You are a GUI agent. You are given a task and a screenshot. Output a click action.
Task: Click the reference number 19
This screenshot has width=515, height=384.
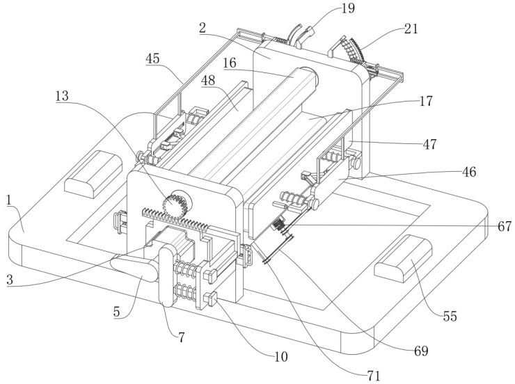348,8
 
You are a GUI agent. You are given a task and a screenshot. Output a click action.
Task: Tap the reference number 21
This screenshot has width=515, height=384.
411,29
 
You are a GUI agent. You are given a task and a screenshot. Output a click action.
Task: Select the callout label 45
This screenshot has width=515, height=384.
152,58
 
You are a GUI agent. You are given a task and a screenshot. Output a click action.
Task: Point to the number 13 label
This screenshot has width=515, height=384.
62,96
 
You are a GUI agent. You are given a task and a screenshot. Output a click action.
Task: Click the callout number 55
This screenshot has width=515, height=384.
450,316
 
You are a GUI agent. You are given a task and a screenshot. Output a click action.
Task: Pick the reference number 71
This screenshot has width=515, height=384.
374,376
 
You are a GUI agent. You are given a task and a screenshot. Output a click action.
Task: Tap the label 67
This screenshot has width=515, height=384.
505,226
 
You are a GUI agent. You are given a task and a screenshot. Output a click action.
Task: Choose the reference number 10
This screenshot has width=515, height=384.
281,356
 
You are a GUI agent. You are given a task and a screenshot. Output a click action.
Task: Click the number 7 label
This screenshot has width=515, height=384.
182,337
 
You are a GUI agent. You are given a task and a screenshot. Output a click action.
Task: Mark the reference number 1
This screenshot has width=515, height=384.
10,200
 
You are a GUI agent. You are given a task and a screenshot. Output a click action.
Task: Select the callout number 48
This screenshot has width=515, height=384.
208,80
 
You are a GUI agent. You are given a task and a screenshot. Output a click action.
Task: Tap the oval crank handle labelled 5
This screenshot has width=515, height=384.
134,269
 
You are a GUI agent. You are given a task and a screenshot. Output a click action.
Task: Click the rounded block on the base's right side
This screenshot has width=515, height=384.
404,258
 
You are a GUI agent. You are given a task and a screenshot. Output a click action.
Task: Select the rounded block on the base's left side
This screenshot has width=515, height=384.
93,175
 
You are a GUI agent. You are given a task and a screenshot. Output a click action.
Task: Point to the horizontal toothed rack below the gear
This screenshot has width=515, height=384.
175,221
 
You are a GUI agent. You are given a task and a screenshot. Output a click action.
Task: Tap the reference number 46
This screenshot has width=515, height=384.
469,172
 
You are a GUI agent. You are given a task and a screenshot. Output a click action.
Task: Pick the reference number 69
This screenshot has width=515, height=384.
421,351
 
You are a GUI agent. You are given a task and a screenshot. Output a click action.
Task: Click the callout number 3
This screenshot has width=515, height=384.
10,280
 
